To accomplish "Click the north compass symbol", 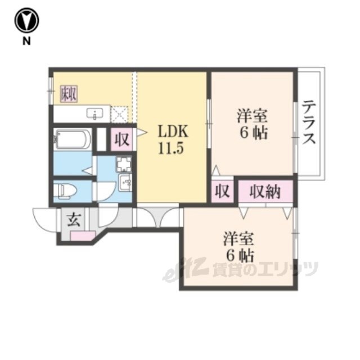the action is (x=26, y=20).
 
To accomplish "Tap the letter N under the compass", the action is (x=26, y=41).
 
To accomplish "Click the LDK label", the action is (x=173, y=131).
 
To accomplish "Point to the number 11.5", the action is (x=171, y=148).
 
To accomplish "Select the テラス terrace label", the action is (x=309, y=123).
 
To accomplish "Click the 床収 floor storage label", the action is (x=69, y=94).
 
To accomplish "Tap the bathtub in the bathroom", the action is (x=73, y=139).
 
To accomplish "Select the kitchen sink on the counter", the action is (x=95, y=114).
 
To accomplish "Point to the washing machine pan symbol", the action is (x=124, y=164).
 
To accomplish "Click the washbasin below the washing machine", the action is (x=125, y=182).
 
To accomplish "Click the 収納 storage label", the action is (x=265, y=192).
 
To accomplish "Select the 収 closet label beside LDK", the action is (x=122, y=139).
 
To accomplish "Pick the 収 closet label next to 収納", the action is (x=222, y=191).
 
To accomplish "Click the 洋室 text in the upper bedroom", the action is (x=253, y=116).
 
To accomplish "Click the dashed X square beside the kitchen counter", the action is (x=119, y=114).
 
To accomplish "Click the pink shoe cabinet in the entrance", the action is (x=83, y=236).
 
